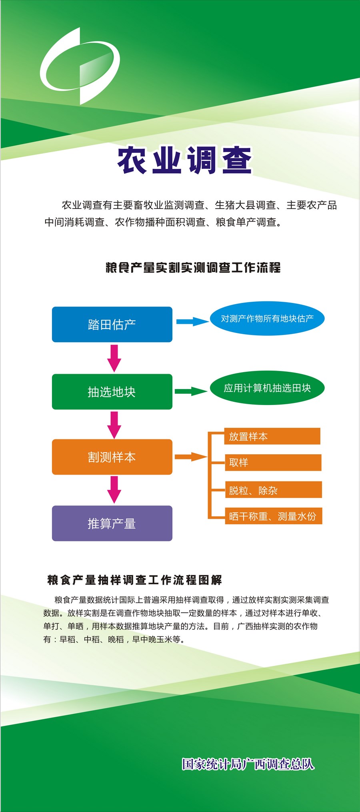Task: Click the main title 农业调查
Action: tap(184, 160)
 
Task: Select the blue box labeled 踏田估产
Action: tap(112, 324)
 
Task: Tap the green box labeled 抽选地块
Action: tap(112, 391)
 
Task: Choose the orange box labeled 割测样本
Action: tap(112, 457)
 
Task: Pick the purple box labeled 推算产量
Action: tap(112, 523)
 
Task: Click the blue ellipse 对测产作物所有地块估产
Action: tap(267, 319)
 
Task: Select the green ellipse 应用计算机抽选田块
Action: tap(267, 388)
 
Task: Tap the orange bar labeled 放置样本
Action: tap(272, 436)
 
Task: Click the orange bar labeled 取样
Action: tap(273, 463)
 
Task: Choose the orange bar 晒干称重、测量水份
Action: tap(274, 516)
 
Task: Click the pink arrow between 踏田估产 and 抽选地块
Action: tap(114, 358)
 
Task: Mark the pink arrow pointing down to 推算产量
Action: tap(114, 489)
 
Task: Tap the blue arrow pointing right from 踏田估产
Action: tap(193, 321)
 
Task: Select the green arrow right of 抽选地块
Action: tap(191, 391)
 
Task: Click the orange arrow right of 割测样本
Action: tap(191, 457)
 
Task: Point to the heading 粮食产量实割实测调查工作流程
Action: tap(193, 268)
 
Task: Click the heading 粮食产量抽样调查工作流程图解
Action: tap(135, 580)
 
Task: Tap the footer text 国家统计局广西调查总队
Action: tap(248, 764)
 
